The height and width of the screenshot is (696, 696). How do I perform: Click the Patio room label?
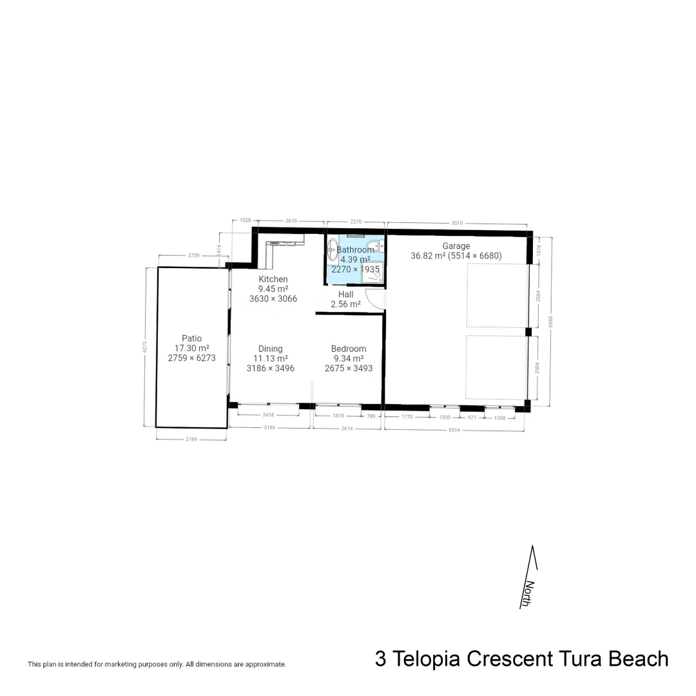pos(191,338)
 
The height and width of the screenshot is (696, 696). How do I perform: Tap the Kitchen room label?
pos(273,279)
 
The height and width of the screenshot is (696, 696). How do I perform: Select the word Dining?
pos(271,349)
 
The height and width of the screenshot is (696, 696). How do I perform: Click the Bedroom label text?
pos(349,349)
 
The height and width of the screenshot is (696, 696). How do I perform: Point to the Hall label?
pos(345,295)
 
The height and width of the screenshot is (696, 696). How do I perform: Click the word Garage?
pos(456,246)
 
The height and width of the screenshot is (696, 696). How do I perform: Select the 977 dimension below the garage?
pos(471,418)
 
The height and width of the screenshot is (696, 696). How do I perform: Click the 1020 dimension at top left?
pos(244,220)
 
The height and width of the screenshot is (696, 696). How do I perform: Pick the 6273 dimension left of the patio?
pos(145,347)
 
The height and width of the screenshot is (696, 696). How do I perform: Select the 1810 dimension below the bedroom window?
pos(338,416)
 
